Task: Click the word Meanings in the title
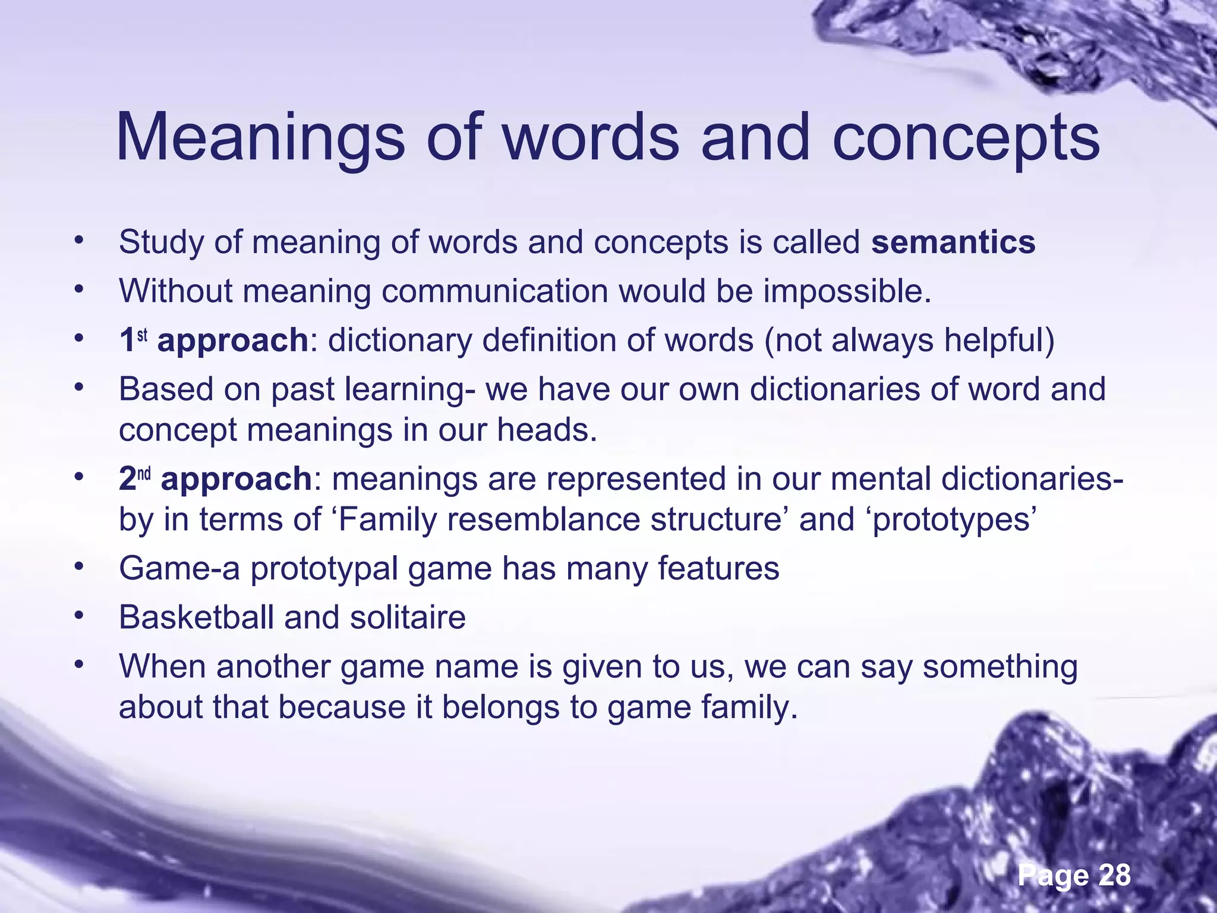260,138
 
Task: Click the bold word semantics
953,243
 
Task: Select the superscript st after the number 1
142,335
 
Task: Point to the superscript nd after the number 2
145,474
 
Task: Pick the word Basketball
196,617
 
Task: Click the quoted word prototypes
954,521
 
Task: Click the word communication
494,291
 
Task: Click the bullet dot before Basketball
78,616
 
